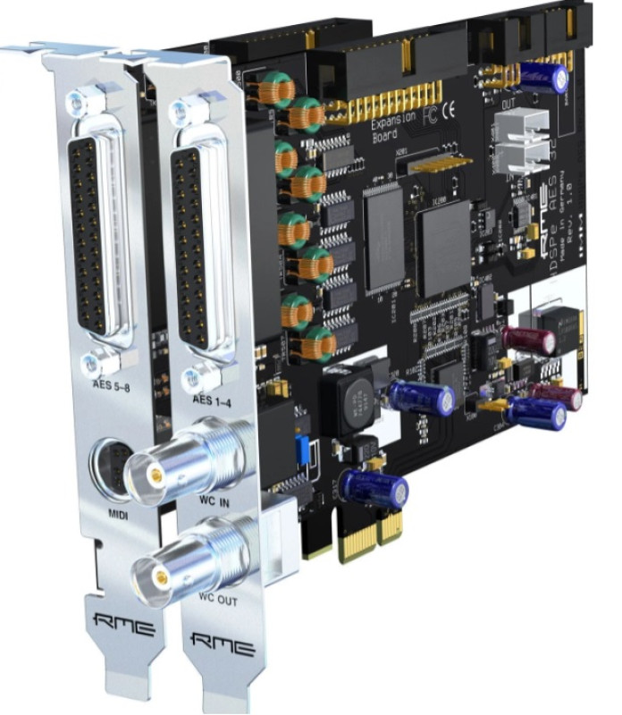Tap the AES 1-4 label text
(x=211, y=400)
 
